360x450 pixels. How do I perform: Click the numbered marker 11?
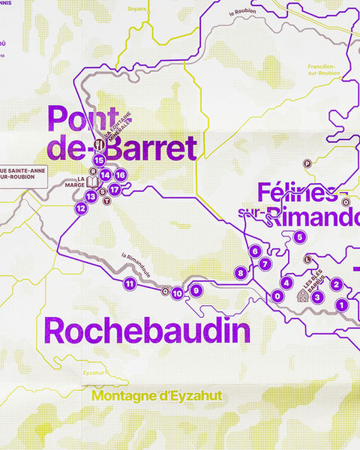pos(130,283)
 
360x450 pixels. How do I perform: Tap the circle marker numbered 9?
pos(196,291)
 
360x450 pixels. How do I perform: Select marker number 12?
pos(81,208)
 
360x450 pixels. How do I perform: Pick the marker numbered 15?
pos(98,160)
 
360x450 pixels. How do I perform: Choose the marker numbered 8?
pos(241,273)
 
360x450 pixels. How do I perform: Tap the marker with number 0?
pos(277,296)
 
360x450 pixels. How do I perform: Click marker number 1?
pos(341,304)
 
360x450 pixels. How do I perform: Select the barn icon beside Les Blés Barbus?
pos(302,296)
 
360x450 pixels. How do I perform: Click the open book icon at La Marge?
pos(91,182)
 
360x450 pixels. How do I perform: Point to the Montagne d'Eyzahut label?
pos(157,395)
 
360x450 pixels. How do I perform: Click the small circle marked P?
pos(306,163)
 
